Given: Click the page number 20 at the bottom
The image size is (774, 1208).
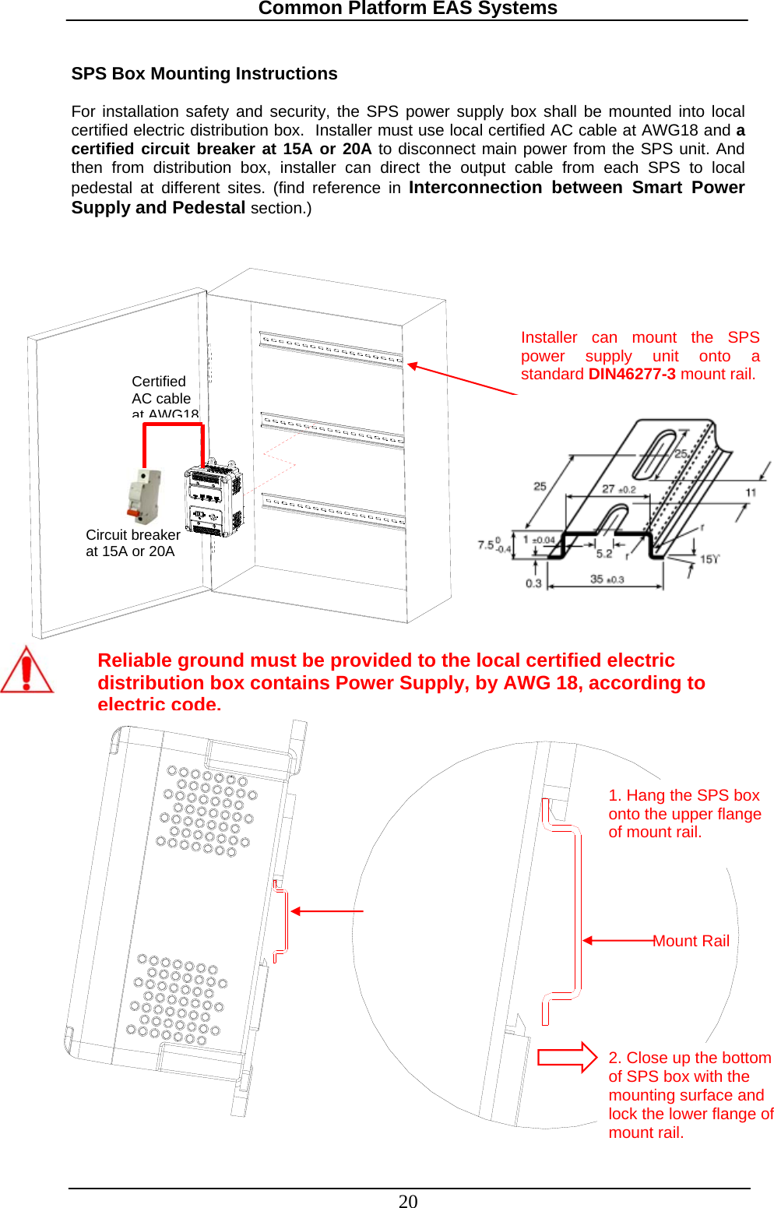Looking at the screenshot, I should (408, 1201).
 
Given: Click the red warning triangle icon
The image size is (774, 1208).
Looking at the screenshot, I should (26, 671).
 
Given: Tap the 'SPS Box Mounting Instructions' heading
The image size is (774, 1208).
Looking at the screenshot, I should (204, 74).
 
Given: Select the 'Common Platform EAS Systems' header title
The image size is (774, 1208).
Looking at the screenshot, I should (407, 9).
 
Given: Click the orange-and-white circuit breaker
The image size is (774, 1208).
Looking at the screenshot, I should (145, 495).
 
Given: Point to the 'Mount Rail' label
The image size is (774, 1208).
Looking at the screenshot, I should (691, 941).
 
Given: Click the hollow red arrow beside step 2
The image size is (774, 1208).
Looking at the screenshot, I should (567, 1057).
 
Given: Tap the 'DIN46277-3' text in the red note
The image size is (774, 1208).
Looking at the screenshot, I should (632, 374).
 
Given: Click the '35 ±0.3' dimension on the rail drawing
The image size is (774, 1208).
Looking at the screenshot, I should (607, 579).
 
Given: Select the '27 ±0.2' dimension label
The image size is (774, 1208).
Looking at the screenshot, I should (619, 489).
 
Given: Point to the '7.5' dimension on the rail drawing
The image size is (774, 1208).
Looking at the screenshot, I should (487, 544).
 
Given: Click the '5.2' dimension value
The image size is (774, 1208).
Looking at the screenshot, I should (604, 554).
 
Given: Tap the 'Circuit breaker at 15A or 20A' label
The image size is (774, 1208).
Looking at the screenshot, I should (132, 543).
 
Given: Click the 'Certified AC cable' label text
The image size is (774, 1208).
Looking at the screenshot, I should (161, 390).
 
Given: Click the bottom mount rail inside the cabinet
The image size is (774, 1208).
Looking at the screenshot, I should (333, 510).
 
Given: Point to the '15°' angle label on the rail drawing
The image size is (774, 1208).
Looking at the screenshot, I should (709, 559).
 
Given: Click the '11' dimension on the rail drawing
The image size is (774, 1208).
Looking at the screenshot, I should (751, 492).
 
